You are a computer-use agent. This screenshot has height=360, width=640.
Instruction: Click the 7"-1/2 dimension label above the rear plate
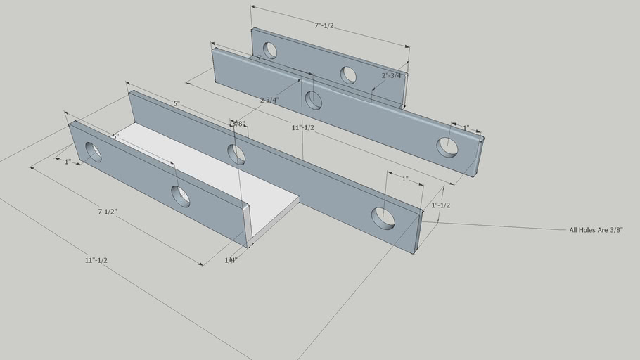tap(324, 26)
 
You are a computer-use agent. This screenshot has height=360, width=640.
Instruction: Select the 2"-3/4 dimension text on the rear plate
tap(391, 75)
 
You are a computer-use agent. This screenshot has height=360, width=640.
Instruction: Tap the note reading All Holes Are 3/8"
tap(596, 229)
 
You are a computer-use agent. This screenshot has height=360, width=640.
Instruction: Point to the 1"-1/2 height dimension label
tap(441, 205)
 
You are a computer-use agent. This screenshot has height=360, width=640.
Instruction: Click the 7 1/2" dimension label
tap(108, 211)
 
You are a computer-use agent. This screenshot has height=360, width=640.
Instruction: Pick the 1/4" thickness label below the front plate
tap(231, 260)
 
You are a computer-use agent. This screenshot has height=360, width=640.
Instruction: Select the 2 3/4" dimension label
tap(269, 100)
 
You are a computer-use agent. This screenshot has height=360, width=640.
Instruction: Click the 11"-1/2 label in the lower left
tap(96, 260)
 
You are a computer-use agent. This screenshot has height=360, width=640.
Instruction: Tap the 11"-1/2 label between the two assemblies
tap(303, 128)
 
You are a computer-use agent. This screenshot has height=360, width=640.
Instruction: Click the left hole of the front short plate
tap(94, 153)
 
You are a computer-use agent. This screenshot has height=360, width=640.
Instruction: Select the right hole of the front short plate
tap(181, 196)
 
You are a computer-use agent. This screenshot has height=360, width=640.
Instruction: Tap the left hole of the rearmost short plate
tap(270, 50)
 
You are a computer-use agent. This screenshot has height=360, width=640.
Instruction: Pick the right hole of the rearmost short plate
tap(348, 75)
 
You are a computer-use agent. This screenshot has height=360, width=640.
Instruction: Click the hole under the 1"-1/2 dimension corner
tap(384, 218)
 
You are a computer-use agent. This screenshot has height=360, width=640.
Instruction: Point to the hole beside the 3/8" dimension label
tap(237, 154)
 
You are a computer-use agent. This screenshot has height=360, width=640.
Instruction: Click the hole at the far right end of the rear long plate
tap(447, 147)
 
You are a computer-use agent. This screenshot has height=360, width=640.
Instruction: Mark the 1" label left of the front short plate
tap(68, 162)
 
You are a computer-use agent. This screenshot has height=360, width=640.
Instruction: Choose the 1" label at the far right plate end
tap(466, 128)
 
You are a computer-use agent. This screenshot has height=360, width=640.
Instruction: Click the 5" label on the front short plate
tap(116, 136)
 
